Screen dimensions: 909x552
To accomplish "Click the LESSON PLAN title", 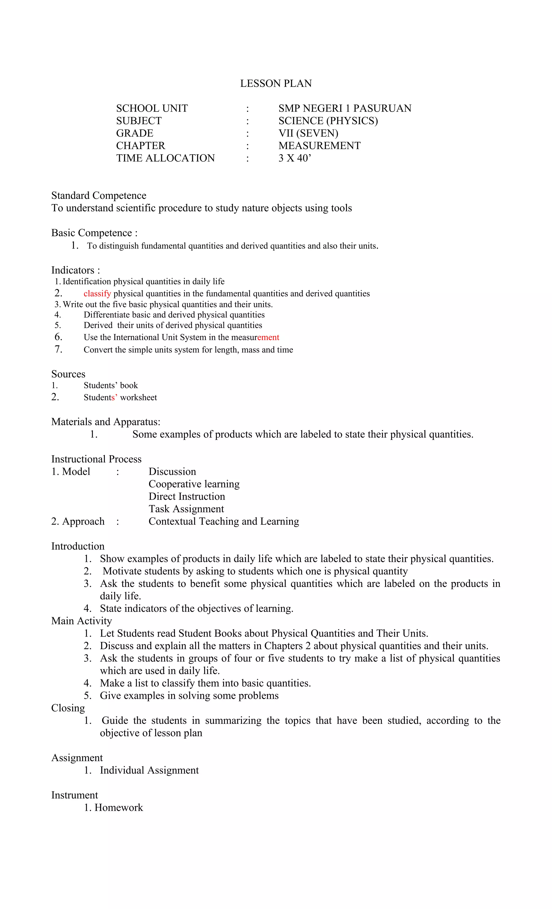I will pyautogui.click(x=276, y=83).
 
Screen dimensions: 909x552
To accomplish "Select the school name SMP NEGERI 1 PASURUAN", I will pyautogui.click(x=345, y=108).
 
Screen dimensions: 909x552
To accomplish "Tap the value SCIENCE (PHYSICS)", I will pyautogui.click(x=328, y=121).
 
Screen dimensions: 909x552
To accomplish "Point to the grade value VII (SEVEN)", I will pyautogui.click(x=308, y=133).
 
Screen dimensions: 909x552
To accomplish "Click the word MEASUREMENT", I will pyautogui.click(x=319, y=146).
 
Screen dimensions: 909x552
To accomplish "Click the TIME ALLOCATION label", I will pyautogui.click(x=165, y=158).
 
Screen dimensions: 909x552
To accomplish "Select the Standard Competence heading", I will pyautogui.click(x=99, y=196).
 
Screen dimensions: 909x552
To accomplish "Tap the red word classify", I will pyautogui.click(x=97, y=294).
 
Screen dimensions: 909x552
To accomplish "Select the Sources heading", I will pyautogui.click(x=68, y=374).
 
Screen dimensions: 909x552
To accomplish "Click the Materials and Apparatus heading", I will pyautogui.click(x=106, y=422).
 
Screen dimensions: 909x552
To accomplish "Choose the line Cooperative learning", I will pyautogui.click(x=194, y=484).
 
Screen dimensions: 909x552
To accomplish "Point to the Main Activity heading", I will pyautogui.click(x=82, y=621).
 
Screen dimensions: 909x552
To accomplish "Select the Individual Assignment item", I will pyautogui.click(x=149, y=770).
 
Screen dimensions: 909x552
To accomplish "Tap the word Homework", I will pyautogui.click(x=118, y=808).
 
